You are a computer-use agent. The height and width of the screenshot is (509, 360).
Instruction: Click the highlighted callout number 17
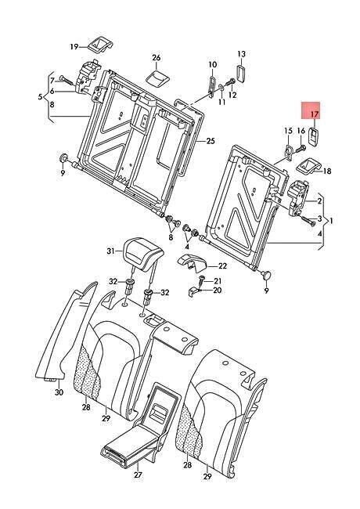314,114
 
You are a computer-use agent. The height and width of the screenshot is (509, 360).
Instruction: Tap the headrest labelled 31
143,252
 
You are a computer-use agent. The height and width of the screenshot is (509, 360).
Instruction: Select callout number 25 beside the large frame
211,141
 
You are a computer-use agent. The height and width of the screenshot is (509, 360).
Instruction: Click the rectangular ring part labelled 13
241,74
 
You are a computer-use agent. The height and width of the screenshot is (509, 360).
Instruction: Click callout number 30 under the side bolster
59,392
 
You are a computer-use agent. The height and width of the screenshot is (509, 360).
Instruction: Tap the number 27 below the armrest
139,475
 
